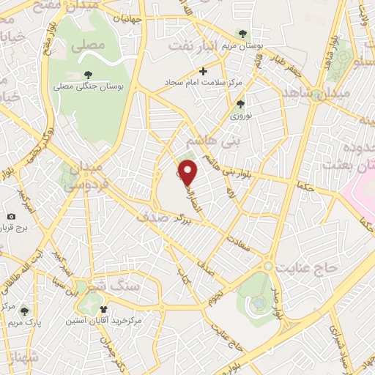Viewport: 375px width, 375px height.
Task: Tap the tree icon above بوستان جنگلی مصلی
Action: [x=89, y=74]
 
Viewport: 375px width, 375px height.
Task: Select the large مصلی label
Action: [x=88, y=45]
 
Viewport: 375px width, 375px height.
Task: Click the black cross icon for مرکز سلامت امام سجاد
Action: [x=204, y=71]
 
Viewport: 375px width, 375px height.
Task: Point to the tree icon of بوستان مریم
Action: [x=242, y=34]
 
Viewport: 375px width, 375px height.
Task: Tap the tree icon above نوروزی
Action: [x=240, y=103]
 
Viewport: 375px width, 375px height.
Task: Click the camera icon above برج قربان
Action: [x=11, y=216]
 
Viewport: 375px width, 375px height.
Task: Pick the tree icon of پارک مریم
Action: [x=25, y=311]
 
